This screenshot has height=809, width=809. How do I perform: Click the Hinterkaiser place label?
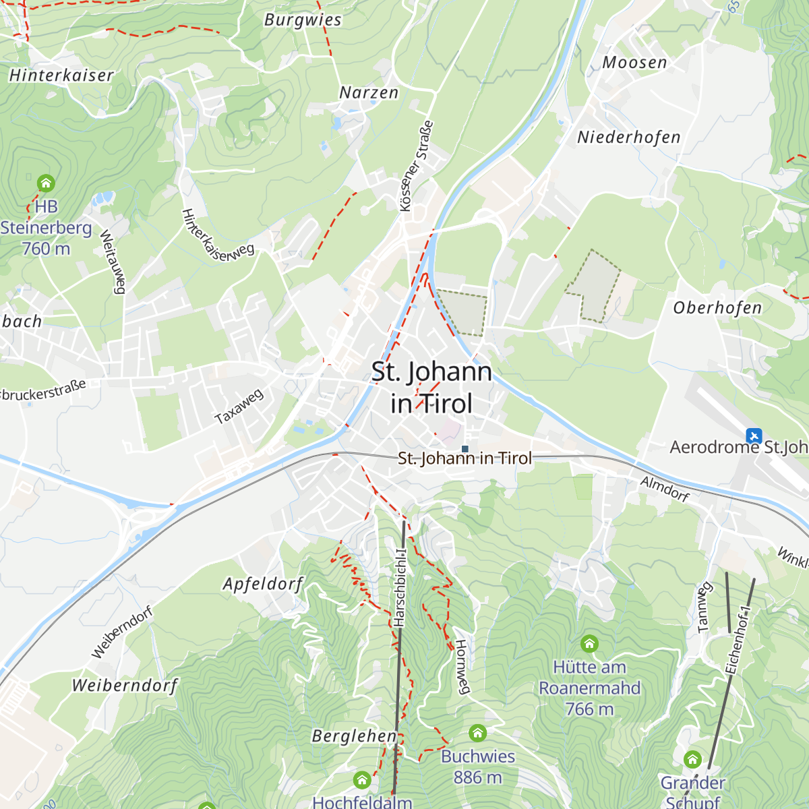click(x=61, y=75)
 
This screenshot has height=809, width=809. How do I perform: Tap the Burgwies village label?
click(x=303, y=20)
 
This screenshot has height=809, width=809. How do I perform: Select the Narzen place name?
click(x=369, y=92)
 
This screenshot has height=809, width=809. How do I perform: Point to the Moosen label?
click(x=634, y=63)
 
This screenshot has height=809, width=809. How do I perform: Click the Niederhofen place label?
click(x=628, y=138)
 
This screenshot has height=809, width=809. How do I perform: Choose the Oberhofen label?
click(x=717, y=308)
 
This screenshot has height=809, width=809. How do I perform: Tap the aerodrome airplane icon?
click(x=754, y=436)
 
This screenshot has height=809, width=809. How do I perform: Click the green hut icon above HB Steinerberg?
click(x=46, y=183)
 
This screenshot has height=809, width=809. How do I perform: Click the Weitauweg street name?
click(x=113, y=262)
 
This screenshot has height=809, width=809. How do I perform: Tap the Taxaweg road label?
click(x=239, y=407)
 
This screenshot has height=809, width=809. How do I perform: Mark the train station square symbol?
click(x=465, y=448)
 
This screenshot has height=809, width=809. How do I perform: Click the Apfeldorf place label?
click(x=263, y=584)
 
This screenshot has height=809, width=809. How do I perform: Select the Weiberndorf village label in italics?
click(x=125, y=686)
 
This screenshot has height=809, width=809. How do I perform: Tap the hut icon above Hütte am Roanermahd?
click(x=589, y=643)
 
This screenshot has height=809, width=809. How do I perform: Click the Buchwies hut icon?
click(x=477, y=732)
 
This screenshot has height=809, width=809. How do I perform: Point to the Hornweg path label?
click(x=462, y=667)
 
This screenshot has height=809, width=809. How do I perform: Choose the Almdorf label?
click(x=665, y=489)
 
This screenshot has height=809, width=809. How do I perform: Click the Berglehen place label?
click(x=354, y=736)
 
